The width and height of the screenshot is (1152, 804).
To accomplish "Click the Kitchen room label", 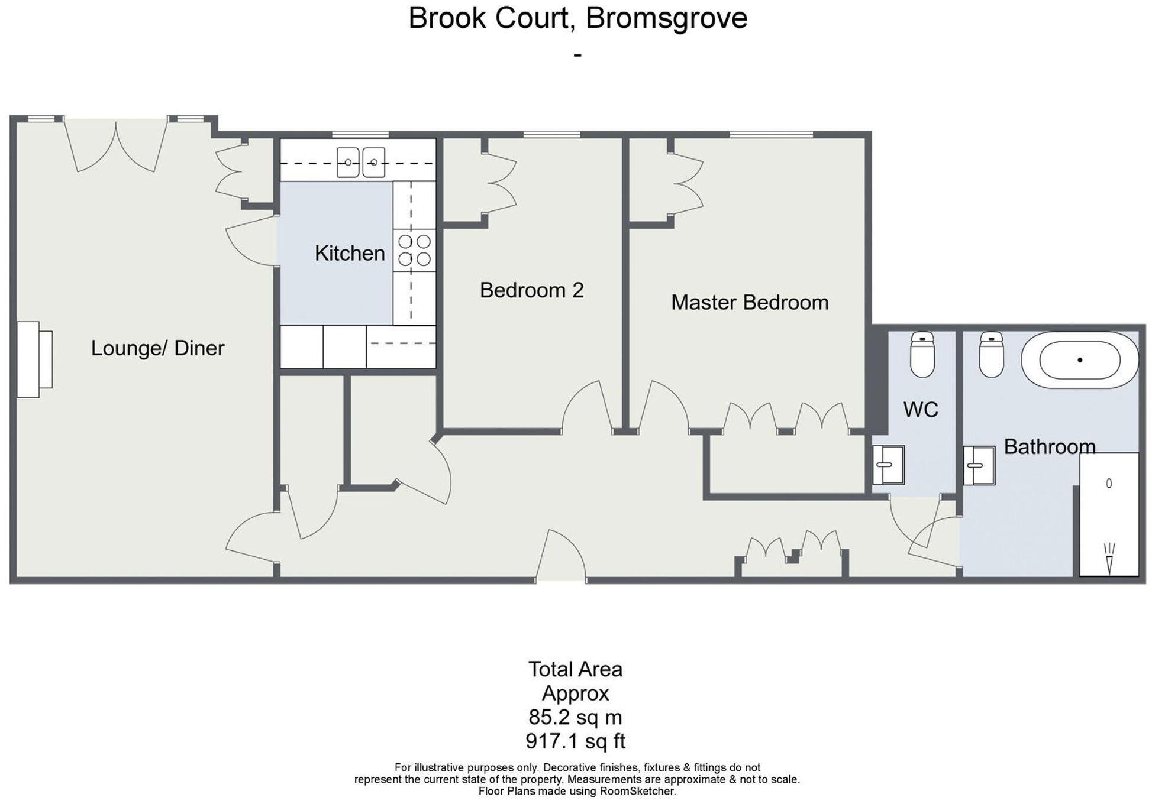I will [x=350, y=253].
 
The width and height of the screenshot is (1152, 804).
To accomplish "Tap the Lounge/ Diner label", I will [x=157, y=348].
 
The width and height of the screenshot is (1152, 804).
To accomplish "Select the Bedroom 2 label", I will [x=531, y=290].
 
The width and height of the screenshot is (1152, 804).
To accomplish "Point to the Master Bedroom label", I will [x=749, y=302].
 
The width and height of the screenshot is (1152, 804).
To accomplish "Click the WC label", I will [x=920, y=409].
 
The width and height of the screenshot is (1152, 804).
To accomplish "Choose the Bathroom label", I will [x=1049, y=446].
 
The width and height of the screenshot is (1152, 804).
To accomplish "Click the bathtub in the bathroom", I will [x=1080, y=359].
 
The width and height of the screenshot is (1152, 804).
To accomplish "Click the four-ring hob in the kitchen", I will [x=415, y=250].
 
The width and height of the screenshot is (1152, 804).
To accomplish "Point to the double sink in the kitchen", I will [x=361, y=163].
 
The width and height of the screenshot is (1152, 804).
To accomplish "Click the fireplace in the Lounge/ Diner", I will [x=33, y=359].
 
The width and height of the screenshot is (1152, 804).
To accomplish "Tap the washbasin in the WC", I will [x=888, y=465].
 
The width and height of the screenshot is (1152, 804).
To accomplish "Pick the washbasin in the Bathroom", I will [x=979, y=466].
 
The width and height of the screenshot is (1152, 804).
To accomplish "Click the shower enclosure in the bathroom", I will [x=1109, y=514].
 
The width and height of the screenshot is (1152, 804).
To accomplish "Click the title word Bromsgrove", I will [x=666, y=18].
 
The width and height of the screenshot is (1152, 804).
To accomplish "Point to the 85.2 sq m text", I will [x=575, y=717].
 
